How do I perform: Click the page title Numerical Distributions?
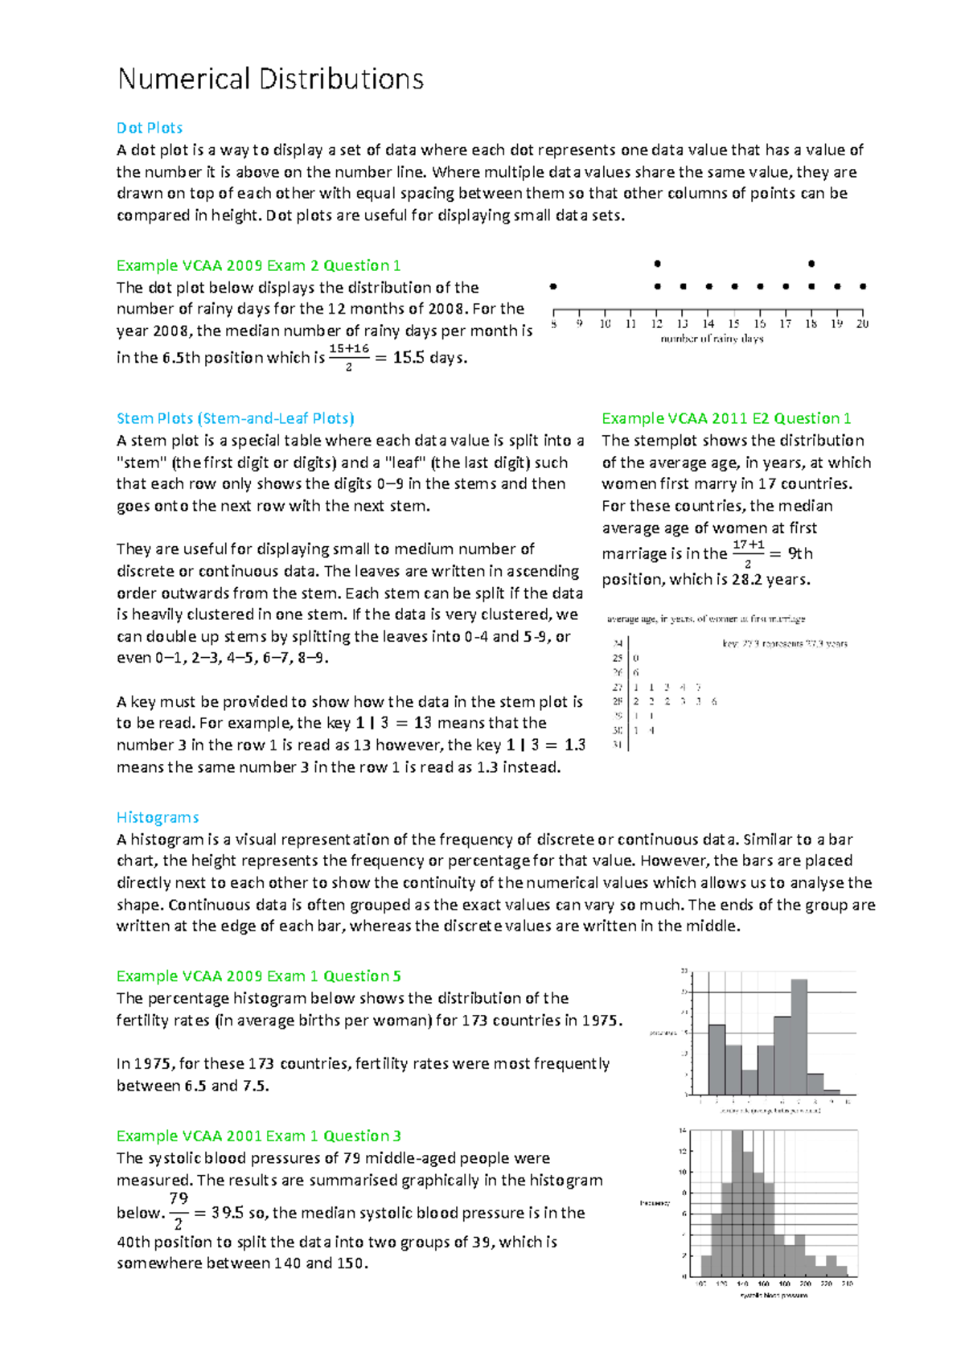tap(270, 79)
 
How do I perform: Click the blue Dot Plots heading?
tap(150, 128)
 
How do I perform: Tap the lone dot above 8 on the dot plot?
tap(553, 286)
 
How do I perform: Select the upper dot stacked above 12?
tap(657, 264)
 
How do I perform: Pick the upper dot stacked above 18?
tap(811, 264)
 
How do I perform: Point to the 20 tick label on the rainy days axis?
tap(862, 324)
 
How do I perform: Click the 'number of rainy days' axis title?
tap(712, 339)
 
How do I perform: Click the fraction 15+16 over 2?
tap(348, 357)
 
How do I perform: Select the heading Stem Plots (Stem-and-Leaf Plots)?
tap(235, 418)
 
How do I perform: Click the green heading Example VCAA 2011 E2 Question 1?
tap(725, 418)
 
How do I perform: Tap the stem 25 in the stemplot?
tap(618, 658)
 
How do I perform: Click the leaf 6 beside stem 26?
tap(636, 672)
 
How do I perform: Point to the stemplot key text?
tap(784, 643)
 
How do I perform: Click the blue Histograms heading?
tap(158, 817)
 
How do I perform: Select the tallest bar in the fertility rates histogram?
tap(799, 1037)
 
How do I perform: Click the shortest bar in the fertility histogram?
tap(832, 1091)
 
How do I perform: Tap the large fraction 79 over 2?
tap(179, 1211)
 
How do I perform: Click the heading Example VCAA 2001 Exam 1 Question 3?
tap(258, 1136)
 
